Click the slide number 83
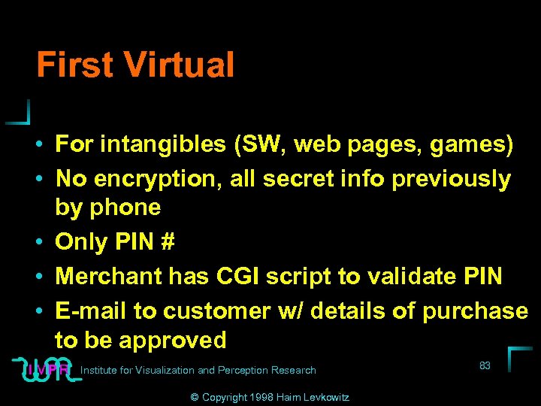485,366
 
